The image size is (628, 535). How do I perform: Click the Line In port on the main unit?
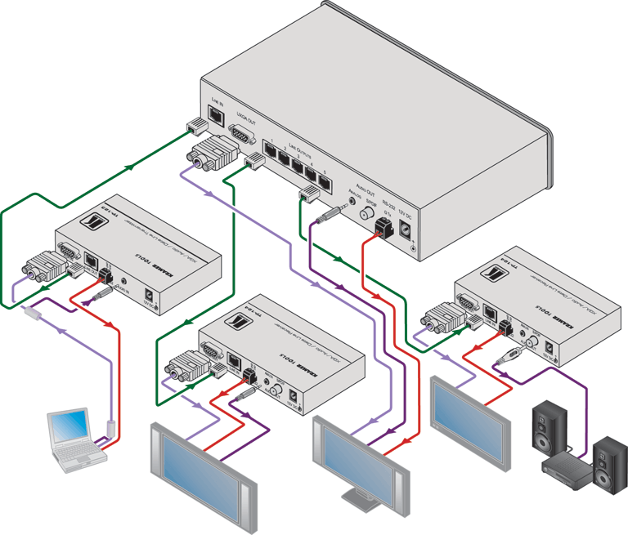tap(216, 115)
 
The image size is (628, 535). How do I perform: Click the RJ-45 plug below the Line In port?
tap(197, 126)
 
